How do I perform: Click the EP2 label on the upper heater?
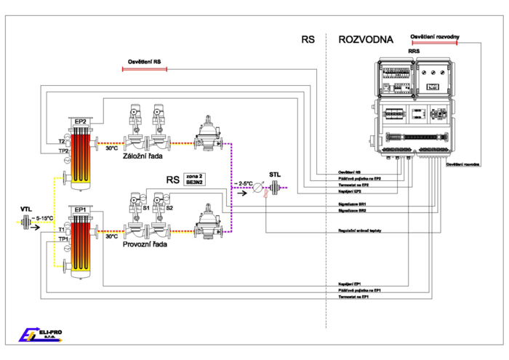tap(79, 121)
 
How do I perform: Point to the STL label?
tap(275, 175)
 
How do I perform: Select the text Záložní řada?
tap(143, 156)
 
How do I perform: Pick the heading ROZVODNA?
tap(366, 40)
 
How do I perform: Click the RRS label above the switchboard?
tap(414, 52)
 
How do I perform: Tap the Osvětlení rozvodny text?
tap(434, 35)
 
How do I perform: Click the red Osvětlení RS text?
tap(145, 63)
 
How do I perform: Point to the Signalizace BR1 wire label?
tap(352, 204)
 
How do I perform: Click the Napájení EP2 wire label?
tap(350, 191)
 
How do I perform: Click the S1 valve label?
tap(146, 208)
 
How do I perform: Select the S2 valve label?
tap(169, 208)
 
